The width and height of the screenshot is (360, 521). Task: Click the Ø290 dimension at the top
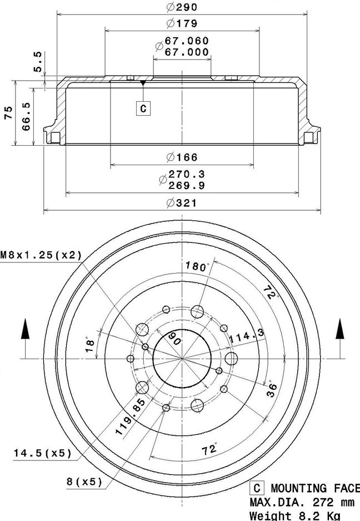[x=182, y=7]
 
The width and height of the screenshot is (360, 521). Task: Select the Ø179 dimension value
[x=182, y=23]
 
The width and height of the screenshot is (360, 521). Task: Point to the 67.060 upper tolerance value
[x=186, y=41]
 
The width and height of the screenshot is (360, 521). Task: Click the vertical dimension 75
[x=8, y=113]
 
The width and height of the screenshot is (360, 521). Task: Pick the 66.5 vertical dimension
[x=26, y=116]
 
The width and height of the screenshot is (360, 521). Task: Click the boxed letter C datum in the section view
[x=143, y=108]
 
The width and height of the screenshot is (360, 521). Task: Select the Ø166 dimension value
[x=182, y=157]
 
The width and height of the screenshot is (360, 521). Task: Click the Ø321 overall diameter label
[x=182, y=204]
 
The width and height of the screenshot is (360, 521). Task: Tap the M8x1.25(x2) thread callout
[x=41, y=255]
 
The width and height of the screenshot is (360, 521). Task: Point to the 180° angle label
[x=198, y=266]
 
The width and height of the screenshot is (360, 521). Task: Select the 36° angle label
[x=272, y=388]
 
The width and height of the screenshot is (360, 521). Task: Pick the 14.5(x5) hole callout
[x=43, y=453]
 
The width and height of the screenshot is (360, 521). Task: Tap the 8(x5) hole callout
[x=84, y=482]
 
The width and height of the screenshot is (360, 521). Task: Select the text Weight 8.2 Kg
[x=293, y=515]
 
